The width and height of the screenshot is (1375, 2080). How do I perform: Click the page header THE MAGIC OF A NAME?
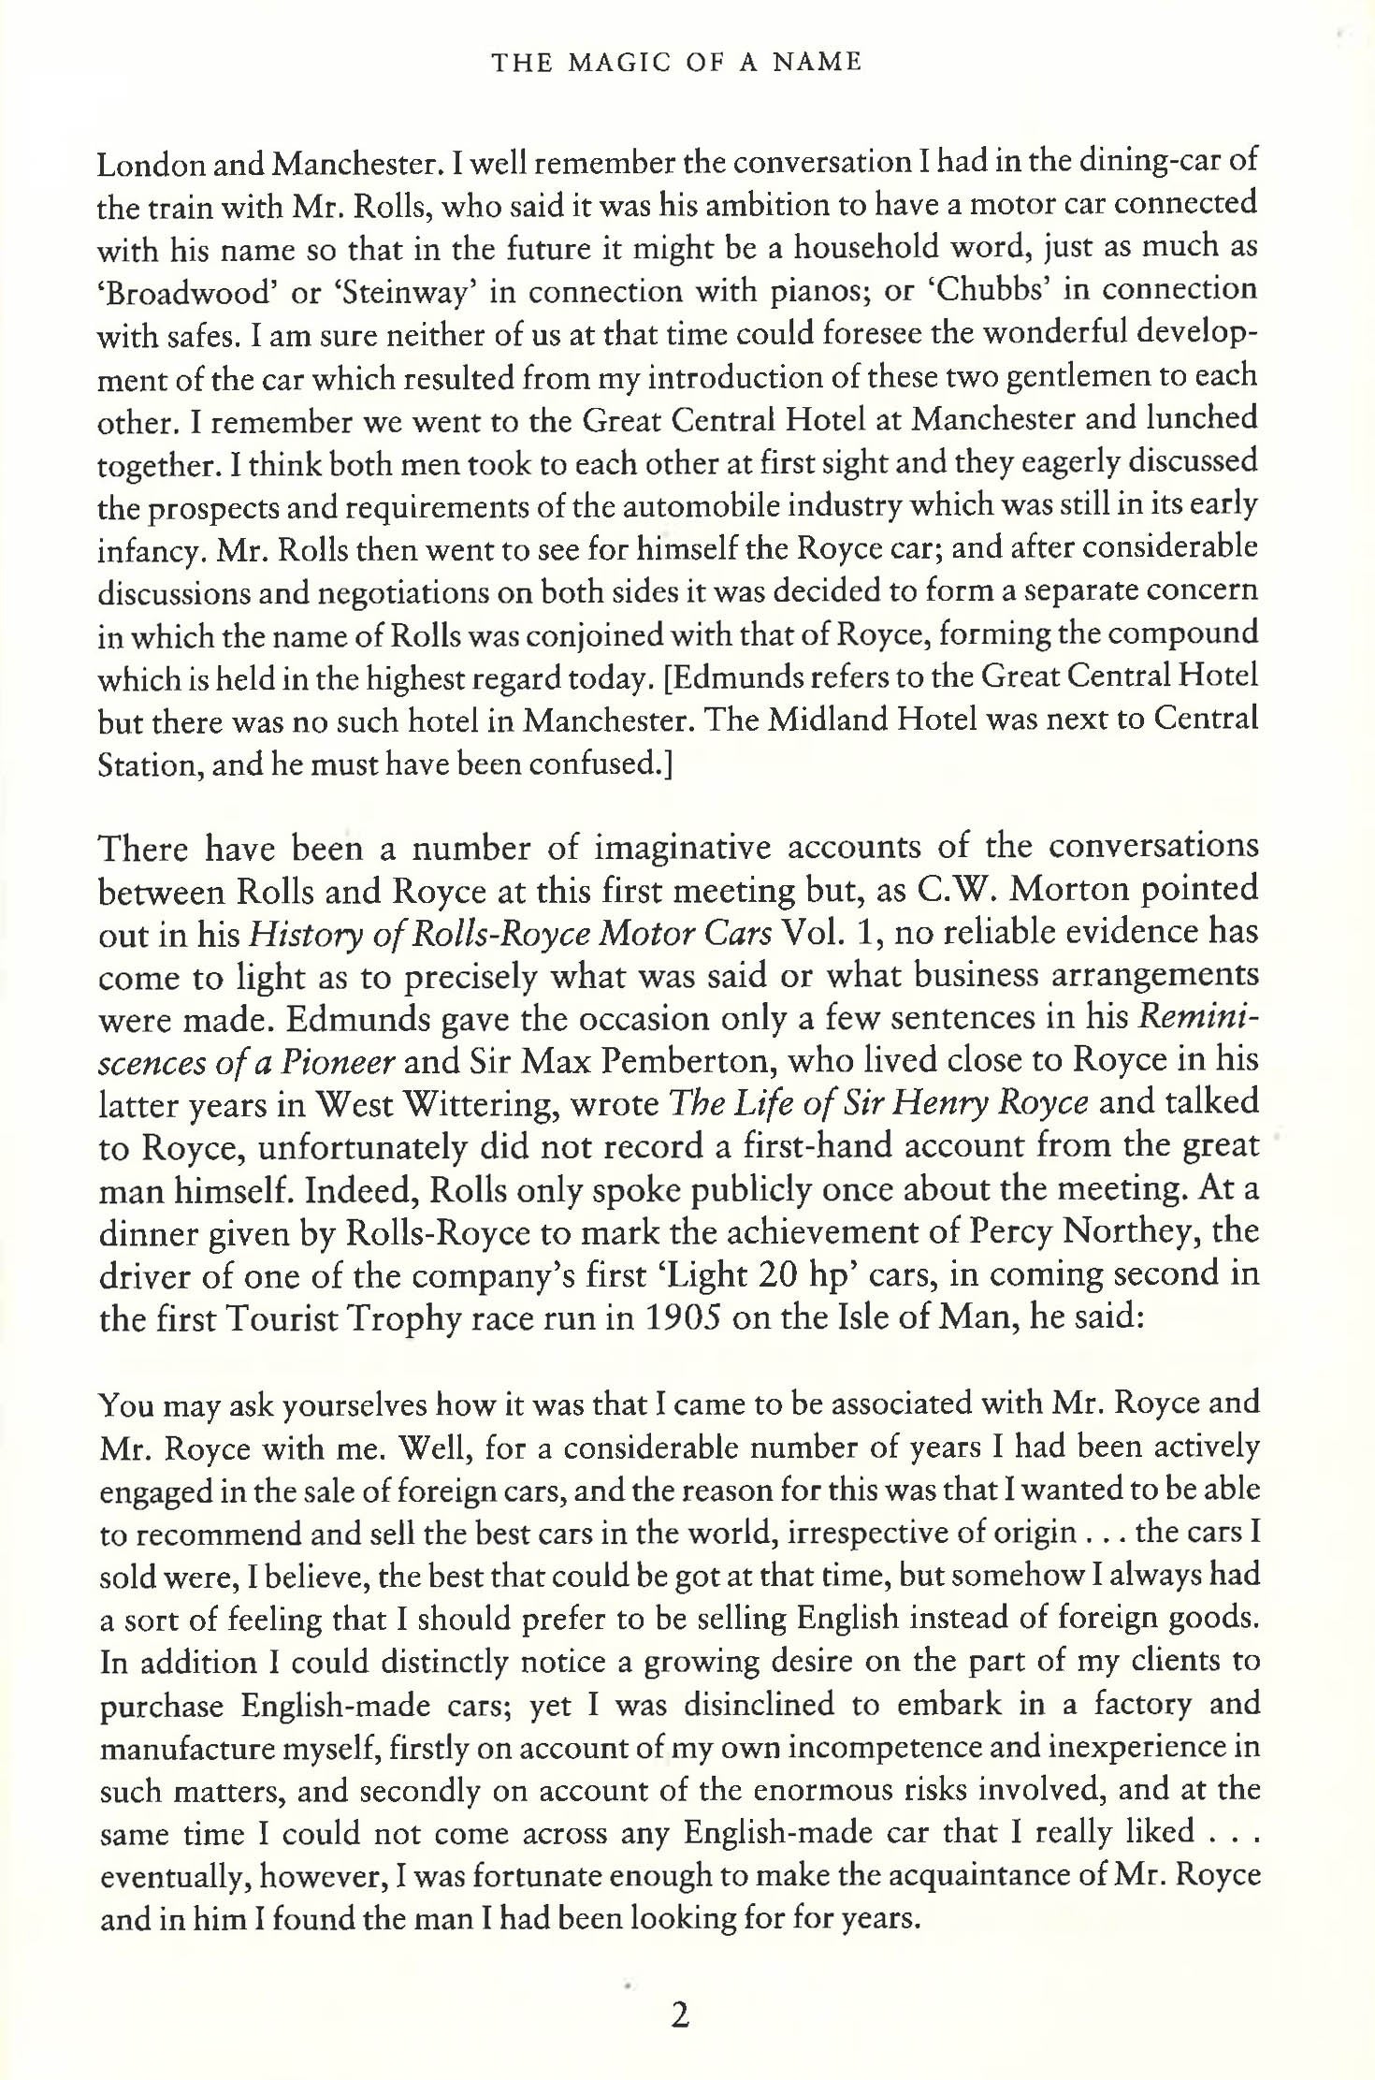coord(676,64)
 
